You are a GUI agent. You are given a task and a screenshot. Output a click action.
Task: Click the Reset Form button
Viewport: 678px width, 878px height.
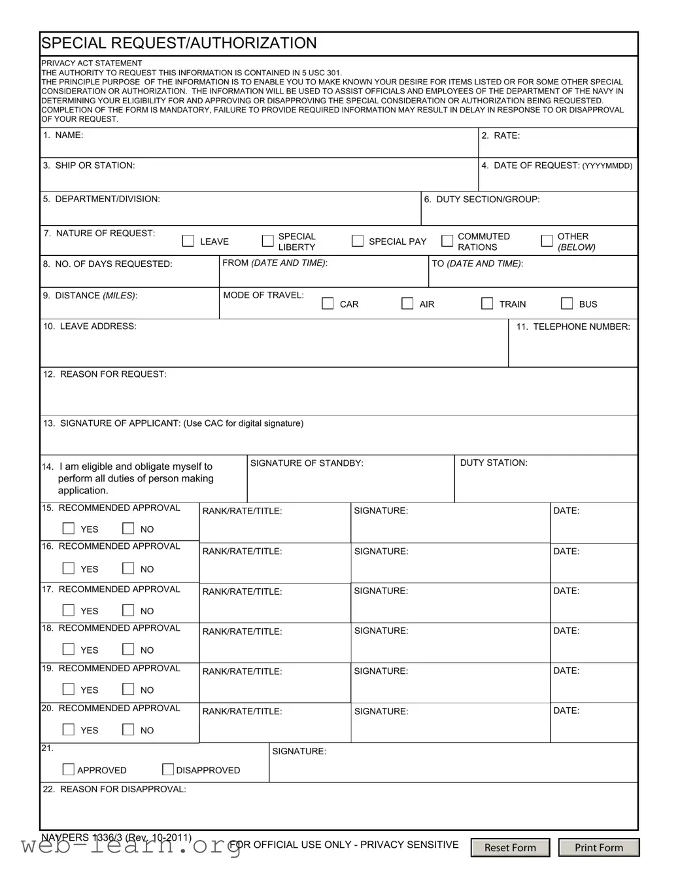(x=510, y=847)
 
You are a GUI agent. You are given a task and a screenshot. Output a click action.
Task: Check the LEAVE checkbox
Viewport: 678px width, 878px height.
(x=188, y=241)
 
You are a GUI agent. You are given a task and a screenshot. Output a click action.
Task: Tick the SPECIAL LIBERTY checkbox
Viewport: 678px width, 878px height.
(x=267, y=241)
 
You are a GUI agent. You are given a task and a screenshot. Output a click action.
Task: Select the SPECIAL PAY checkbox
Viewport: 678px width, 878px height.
(x=358, y=241)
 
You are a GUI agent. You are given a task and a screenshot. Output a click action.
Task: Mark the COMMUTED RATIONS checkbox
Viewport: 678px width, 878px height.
(x=447, y=241)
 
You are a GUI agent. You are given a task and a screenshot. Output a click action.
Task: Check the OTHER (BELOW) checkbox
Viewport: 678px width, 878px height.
(x=547, y=241)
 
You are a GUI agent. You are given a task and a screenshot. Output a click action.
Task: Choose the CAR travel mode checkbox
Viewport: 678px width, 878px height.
(x=328, y=304)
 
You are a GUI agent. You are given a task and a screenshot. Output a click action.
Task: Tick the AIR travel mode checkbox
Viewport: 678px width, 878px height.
(x=407, y=304)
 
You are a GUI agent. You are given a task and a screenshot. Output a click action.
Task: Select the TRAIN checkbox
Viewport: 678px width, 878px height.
(x=487, y=304)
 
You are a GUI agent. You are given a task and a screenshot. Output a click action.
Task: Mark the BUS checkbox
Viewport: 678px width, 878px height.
(x=568, y=304)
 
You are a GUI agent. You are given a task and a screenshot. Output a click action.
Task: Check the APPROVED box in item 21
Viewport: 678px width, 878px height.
(x=69, y=769)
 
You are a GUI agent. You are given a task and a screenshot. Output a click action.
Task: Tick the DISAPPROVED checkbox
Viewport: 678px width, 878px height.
(x=168, y=769)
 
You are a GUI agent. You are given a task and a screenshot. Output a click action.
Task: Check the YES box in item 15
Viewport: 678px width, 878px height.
(x=69, y=528)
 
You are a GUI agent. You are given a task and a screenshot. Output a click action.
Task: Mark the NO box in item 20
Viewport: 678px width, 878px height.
(x=129, y=729)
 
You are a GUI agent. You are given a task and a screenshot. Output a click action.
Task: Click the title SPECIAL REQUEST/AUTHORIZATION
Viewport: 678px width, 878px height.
(x=179, y=43)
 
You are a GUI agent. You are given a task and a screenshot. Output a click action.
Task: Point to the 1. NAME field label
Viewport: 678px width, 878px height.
(x=63, y=135)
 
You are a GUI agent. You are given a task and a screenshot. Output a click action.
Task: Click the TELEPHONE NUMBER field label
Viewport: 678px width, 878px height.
(x=573, y=326)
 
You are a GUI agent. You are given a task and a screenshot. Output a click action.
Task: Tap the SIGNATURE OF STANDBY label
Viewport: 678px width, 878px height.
(x=307, y=463)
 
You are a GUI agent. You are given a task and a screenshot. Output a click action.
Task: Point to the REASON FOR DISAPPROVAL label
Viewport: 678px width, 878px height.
(x=115, y=789)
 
